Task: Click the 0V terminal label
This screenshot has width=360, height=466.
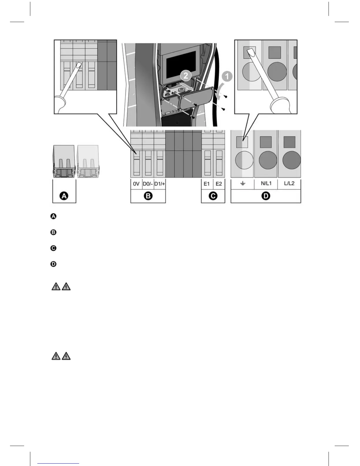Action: (136, 184)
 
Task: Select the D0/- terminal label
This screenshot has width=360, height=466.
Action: (148, 184)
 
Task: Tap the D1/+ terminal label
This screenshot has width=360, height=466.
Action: (160, 184)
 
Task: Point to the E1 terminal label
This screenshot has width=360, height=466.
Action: (207, 184)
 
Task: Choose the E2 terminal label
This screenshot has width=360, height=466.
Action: (219, 184)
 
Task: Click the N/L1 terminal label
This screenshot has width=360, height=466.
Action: (266, 183)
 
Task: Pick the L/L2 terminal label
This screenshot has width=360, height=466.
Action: (289, 183)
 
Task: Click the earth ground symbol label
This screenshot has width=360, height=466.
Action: (243, 184)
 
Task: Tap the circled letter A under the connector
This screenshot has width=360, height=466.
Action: (64, 196)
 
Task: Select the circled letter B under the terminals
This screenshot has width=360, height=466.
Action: (148, 196)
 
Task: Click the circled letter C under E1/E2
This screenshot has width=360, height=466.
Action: (213, 196)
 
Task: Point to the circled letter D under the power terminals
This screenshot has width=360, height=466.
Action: (266, 196)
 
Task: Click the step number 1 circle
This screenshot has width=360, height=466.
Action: (226, 77)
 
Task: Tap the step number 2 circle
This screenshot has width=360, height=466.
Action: (186, 76)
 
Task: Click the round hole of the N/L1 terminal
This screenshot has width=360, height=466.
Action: (268, 160)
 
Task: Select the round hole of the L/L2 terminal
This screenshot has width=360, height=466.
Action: (291, 160)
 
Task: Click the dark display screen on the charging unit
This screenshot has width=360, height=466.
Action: (181, 66)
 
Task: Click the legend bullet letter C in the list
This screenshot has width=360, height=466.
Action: (53, 248)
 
